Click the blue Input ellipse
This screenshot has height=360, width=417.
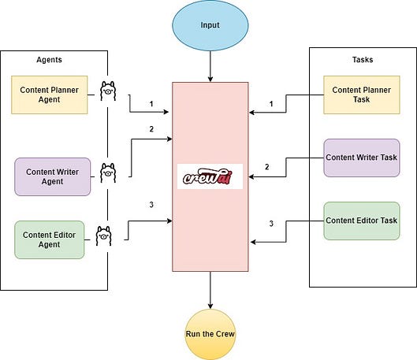click(x=210, y=25)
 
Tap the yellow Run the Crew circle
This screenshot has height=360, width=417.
click(x=210, y=333)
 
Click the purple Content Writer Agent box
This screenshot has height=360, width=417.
click(x=52, y=176)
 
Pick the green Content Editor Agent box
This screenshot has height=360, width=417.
click(x=49, y=240)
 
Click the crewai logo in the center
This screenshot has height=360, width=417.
click(x=210, y=176)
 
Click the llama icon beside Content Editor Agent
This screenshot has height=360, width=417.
click(x=105, y=235)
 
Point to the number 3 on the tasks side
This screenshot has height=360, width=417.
click(x=271, y=224)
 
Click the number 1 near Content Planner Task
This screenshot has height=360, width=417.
click(x=271, y=104)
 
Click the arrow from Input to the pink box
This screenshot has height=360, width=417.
click(x=210, y=66)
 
